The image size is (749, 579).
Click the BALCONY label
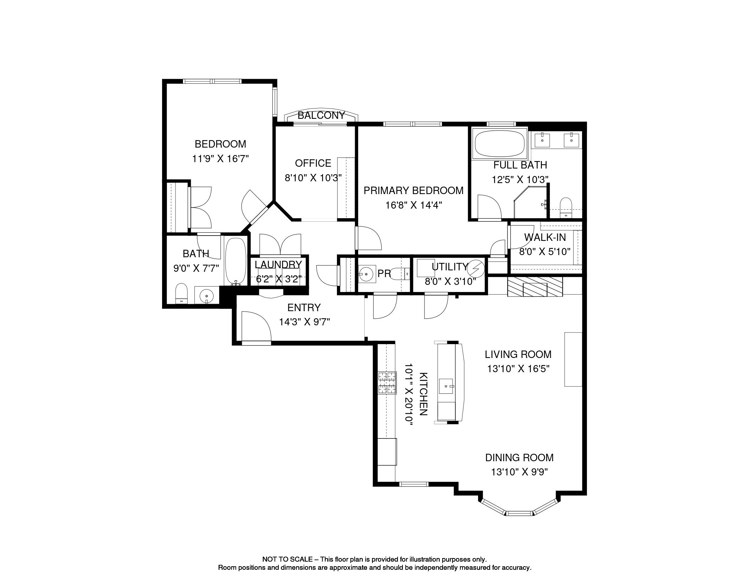[x=321, y=115]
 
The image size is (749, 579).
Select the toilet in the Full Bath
[x=566, y=208]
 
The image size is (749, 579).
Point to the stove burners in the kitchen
[x=387, y=383]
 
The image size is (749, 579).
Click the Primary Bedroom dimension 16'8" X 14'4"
[x=414, y=205]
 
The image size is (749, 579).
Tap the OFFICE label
[x=313, y=163]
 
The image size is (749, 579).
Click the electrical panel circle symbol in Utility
[x=476, y=269]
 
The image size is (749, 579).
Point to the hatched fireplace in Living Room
[x=535, y=287]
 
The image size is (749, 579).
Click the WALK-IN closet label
[x=545, y=237]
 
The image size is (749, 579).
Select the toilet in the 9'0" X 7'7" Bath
[x=181, y=293]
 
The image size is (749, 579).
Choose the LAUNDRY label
[x=278, y=265]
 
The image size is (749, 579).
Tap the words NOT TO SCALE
[x=287, y=559]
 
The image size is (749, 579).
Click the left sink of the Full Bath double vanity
[x=542, y=140]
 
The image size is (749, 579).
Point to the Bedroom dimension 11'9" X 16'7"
[x=220, y=159]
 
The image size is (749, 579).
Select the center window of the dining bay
[x=519, y=513]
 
